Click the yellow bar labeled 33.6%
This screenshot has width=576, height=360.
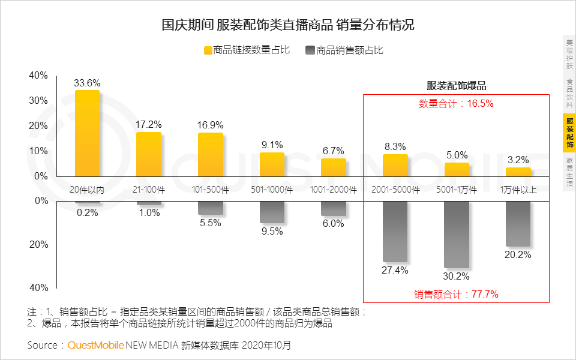(87, 133)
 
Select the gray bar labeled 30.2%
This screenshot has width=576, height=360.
(457, 234)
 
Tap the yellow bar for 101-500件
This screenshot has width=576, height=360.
(211, 154)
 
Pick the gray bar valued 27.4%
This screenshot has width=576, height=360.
(395, 231)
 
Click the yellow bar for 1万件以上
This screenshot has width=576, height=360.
(518, 172)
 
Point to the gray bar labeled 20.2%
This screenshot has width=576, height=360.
(518, 223)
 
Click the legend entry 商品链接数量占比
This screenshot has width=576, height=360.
(247, 50)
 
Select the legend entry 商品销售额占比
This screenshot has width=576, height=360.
(344, 50)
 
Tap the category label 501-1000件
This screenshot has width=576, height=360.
(272, 190)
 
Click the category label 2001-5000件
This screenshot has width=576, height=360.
(395, 190)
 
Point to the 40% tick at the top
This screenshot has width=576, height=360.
(38, 76)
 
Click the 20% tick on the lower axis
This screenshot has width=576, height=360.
(38, 245)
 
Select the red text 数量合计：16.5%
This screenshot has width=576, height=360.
(456, 103)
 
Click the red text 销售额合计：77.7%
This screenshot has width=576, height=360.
(456, 294)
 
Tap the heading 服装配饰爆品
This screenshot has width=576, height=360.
(456, 86)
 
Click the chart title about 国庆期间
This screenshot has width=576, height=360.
(288, 25)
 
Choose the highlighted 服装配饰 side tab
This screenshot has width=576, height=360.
(569, 133)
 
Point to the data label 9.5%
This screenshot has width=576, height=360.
(272, 232)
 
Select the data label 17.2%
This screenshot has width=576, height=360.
(149, 125)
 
